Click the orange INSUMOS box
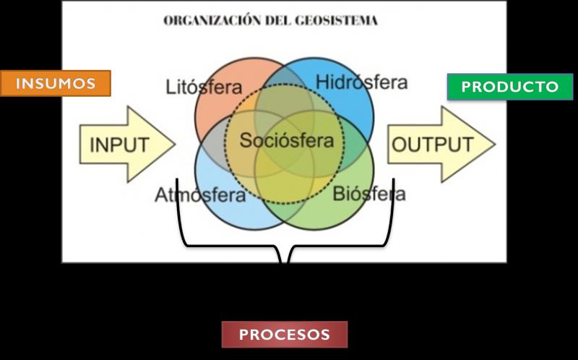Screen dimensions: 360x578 (x=56, y=83)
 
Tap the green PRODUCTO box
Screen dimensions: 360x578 (x=510, y=87)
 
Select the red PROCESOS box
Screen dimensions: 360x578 (x=284, y=335)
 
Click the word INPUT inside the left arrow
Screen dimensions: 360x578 (x=118, y=145)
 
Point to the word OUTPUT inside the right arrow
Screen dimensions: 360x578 (x=432, y=144)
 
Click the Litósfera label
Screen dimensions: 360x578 (x=204, y=87)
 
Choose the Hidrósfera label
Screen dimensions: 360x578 (x=361, y=82)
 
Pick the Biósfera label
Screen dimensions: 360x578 (x=368, y=194)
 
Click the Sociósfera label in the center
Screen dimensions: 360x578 (x=286, y=140)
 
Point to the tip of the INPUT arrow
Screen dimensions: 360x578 (x=175, y=145)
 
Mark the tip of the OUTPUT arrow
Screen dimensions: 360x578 (x=495, y=144)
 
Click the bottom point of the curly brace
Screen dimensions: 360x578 (x=283, y=262)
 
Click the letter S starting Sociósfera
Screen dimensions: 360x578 (x=245, y=140)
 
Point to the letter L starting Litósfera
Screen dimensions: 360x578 (x=170, y=87)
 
